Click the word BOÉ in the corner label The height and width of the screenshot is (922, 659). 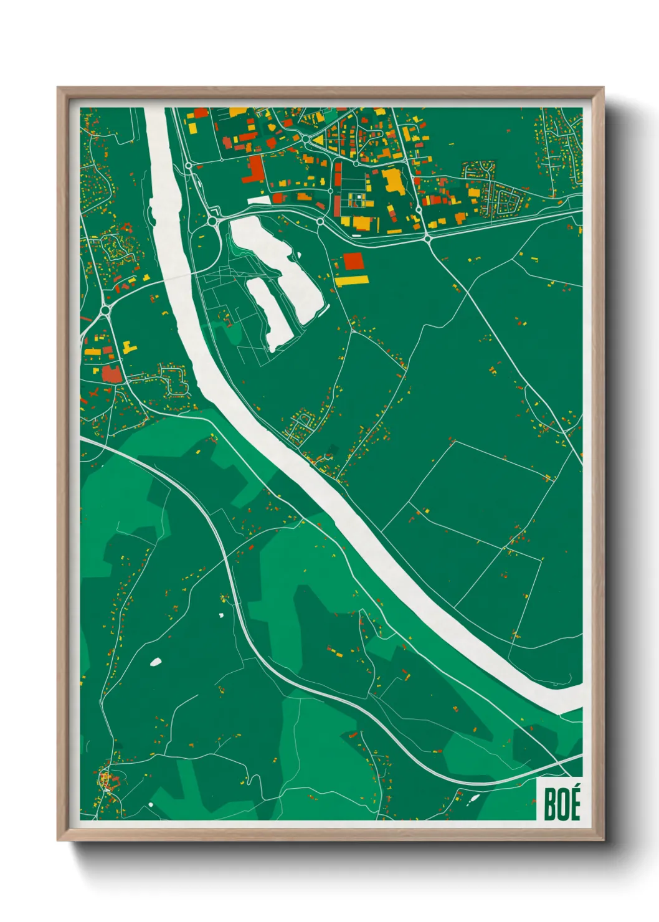[562, 804]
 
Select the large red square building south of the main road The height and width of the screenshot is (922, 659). [353, 262]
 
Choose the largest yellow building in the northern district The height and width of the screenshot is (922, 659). [392, 181]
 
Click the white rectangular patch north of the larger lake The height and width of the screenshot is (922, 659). [259, 201]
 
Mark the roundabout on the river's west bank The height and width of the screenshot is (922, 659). [106, 309]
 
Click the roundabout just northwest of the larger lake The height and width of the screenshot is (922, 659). [212, 221]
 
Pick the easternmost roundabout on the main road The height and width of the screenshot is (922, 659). [428, 238]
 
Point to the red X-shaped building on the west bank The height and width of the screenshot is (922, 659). [95, 394]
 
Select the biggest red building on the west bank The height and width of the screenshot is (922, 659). [111, 374]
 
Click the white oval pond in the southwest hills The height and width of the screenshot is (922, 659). [155, 662]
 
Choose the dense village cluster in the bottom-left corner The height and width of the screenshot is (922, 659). [107, 782]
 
